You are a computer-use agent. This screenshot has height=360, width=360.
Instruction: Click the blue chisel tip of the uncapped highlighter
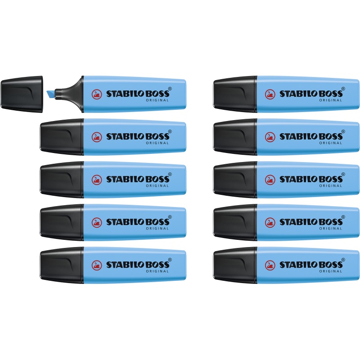point(51,94)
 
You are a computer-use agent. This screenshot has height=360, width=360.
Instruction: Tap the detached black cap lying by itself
point(22,94)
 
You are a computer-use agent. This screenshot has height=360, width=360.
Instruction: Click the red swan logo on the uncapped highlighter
point(97,94)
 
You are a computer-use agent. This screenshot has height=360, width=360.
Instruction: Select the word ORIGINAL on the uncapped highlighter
point(157,100)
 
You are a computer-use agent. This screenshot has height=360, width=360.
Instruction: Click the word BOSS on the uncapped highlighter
point(158,94)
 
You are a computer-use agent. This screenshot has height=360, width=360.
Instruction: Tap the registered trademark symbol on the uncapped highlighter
point(170,89)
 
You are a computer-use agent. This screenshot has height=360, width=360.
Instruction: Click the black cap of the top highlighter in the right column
point(235,94)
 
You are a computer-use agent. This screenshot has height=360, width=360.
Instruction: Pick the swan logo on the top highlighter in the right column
point(270,94)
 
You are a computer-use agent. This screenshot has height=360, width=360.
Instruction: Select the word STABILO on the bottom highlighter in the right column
point(299,265)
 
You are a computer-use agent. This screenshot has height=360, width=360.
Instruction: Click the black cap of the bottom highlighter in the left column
point(62,265)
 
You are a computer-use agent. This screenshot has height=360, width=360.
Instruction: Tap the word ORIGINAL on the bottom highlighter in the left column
point(157,271)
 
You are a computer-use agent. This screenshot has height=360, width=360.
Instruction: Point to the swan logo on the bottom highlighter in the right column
point(270,265)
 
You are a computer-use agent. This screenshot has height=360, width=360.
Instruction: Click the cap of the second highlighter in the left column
point(62,137)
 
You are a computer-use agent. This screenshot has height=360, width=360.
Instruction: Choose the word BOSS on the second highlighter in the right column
point(331,136)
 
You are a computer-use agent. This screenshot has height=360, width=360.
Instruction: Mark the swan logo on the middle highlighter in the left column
point(97,180)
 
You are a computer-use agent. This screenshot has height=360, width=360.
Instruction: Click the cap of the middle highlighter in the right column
point(235,180)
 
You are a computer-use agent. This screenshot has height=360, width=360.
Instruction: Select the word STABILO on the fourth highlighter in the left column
point(126,222)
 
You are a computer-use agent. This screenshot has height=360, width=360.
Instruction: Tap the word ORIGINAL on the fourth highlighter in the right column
point(331,229)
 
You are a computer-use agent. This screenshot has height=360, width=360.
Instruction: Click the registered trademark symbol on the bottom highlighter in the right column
point(343,260)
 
